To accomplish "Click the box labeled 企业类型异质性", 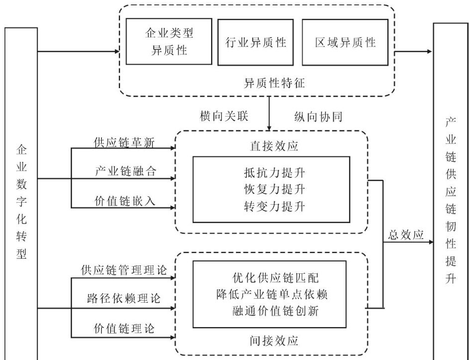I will [x=169, y=42].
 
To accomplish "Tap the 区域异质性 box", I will [x=345, y=42].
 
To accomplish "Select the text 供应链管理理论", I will [x=124, y=269].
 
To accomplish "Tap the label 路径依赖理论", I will [x=124, y=299].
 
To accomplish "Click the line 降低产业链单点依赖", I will [x=275, y=294].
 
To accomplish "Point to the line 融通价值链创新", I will [x=275, y=310].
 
